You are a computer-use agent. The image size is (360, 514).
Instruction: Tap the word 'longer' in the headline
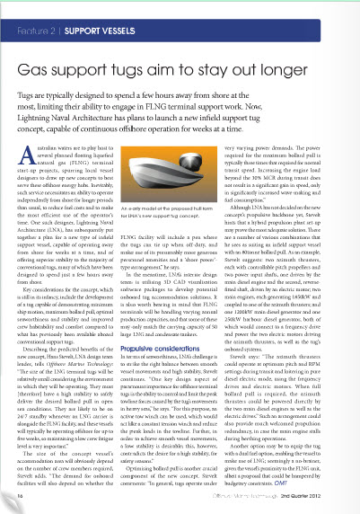(313, 67)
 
